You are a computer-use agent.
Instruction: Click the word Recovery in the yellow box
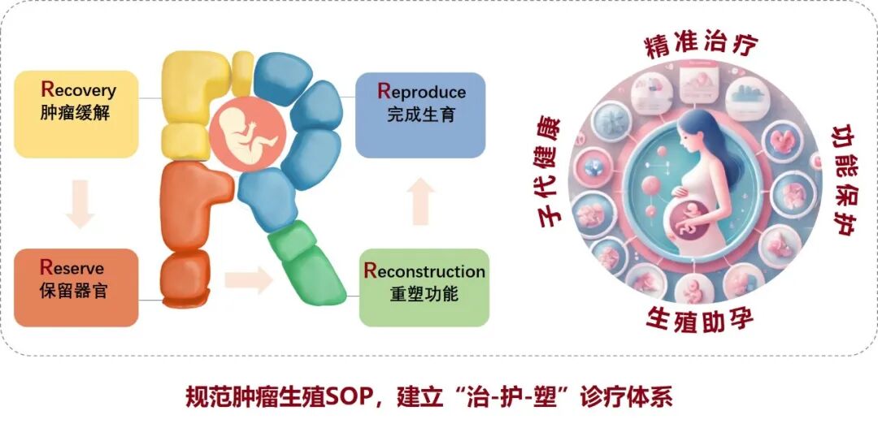(78, 90)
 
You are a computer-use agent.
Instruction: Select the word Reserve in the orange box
(72, 267)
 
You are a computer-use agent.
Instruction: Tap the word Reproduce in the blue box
(422, 91)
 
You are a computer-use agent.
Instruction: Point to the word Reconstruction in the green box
(424, 271)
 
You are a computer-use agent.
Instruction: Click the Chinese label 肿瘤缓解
(75, 113)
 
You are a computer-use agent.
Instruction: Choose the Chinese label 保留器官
(73, 291)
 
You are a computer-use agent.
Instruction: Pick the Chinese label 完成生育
(421, 115)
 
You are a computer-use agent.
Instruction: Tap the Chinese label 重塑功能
(424, 295)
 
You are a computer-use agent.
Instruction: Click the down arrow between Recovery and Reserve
(80, 204)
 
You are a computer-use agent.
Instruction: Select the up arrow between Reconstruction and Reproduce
(420, 201)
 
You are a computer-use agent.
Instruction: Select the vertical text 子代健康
(551, 171)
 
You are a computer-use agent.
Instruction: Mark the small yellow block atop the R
(243, 73)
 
